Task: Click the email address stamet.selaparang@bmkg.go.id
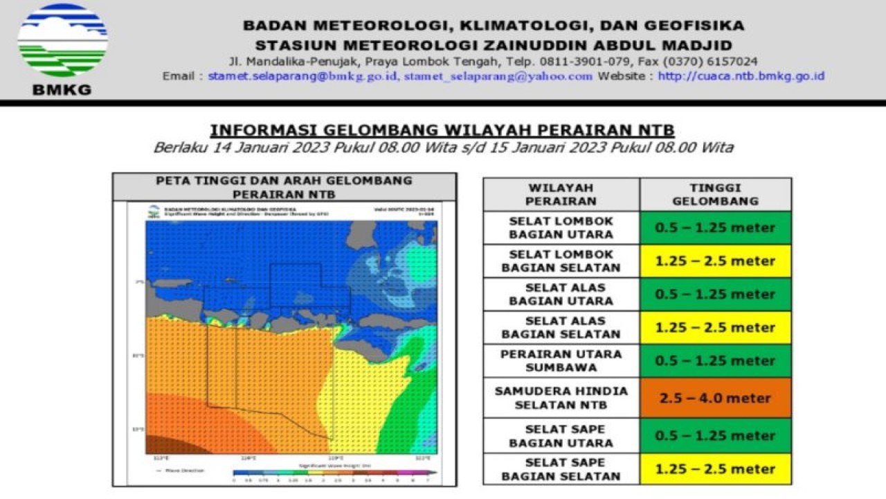click(x=302, y=76)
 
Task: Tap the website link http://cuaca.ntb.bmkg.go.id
click(x=741, y=76)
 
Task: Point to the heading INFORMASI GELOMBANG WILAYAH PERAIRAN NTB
click(x=442, y=130)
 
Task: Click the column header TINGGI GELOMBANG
click(x=716, y=194)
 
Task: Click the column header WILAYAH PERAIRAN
click(x=561, y=194)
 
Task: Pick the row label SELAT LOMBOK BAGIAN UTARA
click(x=561, y=227)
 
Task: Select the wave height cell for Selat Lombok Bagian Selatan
click(x=716, y=261)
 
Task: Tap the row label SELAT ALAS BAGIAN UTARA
click(x=561, y=294)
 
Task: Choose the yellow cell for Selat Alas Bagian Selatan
click(x=716, y=327)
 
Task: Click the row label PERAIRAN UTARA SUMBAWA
click(x=561, y=360)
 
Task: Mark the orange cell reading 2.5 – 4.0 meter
click(x=716, y=398)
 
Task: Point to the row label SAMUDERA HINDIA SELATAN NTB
click(x=561, y=398)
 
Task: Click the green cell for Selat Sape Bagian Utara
click(x=716, y=435)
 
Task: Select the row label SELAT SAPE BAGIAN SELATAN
click(x=561, y=469)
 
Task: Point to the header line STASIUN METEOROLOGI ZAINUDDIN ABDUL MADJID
click(x=493, y=44)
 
